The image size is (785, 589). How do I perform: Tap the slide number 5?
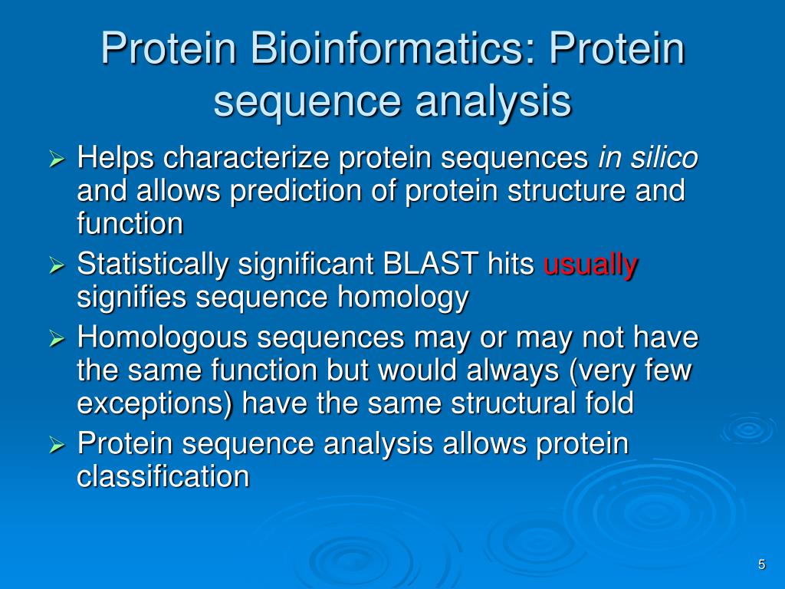(761, 564)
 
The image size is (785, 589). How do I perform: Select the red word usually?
(590, 264)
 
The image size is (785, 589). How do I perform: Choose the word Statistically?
(153, 265)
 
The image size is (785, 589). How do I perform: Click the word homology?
(402, 298)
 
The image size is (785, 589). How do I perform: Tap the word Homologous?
(163, 337)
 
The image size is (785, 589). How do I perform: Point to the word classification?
(163, 475)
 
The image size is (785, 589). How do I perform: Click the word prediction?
(295, 191)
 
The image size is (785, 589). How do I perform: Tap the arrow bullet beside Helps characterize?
(57, 160)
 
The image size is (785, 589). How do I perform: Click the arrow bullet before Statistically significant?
(57, 266)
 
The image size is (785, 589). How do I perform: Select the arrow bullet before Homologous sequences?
(57, 339)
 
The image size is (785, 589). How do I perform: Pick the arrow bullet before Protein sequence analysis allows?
(57, 445)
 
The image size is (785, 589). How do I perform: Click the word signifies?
(131, 298)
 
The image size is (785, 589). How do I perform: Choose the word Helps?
(115, 158)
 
